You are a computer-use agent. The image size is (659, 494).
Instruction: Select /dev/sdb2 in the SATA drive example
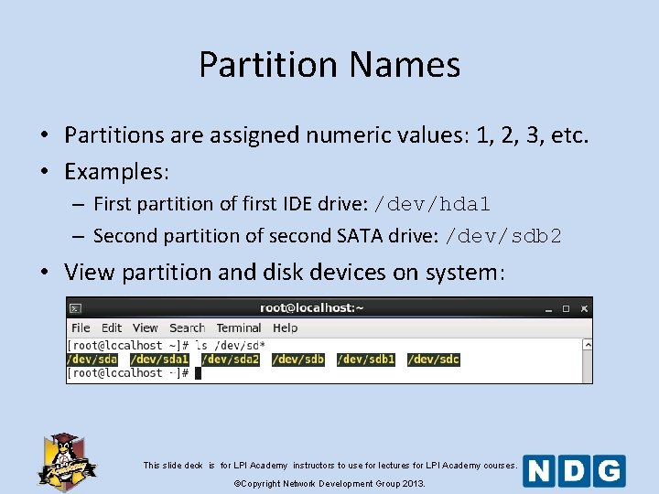point(502,236)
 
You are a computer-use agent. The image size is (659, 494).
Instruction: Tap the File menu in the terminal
point(81,328)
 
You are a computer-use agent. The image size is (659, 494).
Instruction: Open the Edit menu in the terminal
point(112,328)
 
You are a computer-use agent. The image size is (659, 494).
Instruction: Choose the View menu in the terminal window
point(146,328)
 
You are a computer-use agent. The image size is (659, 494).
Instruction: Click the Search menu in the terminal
point(187,328)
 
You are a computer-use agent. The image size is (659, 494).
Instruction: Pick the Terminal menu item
point(239,328)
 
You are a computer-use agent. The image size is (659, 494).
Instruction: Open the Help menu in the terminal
point(286,328)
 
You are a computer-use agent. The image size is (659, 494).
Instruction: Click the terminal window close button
point(583,309)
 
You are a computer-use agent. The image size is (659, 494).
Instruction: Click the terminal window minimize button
point(546,309)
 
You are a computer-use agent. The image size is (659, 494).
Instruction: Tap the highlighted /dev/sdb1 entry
point(365,360)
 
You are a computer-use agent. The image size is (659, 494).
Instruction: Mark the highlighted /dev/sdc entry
point(433,360)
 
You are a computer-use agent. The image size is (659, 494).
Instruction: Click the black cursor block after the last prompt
point(198,373)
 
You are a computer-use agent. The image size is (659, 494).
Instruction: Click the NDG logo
point(574,470)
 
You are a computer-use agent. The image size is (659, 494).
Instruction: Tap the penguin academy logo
point(66,460)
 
